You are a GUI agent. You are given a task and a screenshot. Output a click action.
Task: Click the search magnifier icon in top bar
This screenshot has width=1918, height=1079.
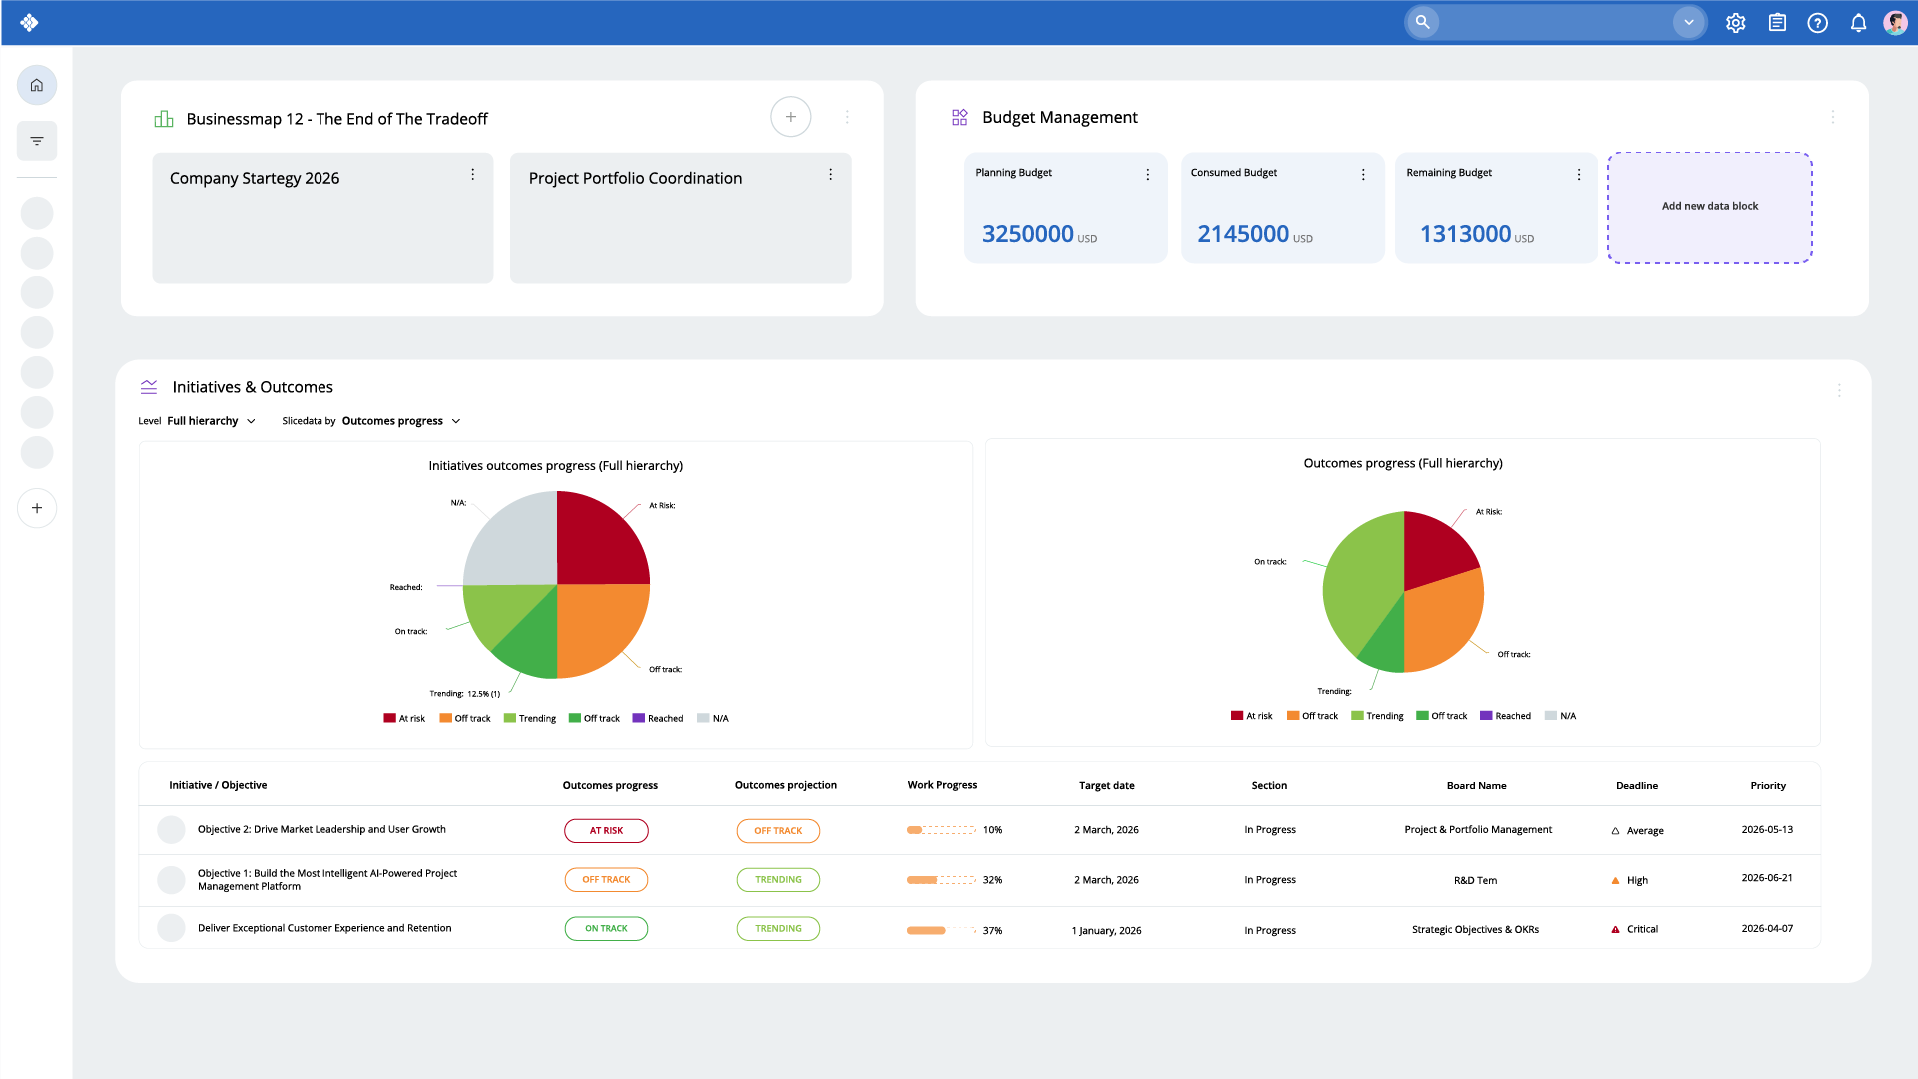(1422, 21)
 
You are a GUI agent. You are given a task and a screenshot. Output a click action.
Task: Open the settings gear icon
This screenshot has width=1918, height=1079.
(1735, 23)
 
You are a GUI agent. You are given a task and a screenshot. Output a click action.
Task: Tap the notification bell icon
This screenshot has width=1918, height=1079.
(1858, 23)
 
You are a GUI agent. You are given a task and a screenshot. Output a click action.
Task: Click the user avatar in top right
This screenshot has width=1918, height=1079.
(1895, 23)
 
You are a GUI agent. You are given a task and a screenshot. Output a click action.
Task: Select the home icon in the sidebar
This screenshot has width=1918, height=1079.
(37, 85)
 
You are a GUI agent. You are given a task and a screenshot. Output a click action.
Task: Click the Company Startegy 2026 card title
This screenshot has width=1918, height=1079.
(255, 178)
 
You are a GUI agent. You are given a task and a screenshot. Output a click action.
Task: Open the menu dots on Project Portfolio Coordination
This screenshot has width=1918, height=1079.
(830, 175)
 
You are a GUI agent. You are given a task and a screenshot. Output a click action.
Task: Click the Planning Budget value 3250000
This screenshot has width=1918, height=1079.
(1027, 234)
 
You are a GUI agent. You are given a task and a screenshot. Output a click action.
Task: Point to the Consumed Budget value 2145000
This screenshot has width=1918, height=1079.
(1243, 234)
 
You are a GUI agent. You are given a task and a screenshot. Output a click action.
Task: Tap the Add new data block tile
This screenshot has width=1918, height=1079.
(1709, 207)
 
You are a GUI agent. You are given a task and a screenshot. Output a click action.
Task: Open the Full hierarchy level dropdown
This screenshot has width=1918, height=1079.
(211, 421)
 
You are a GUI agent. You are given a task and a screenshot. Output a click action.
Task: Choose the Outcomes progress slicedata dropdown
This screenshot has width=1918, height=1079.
(400, 421)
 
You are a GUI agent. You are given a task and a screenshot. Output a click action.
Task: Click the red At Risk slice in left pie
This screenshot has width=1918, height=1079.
(601, 540)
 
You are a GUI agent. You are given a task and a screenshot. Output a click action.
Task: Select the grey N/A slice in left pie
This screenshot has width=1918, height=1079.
(512, 540)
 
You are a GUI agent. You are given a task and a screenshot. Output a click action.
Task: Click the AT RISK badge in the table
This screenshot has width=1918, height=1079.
(606, 831)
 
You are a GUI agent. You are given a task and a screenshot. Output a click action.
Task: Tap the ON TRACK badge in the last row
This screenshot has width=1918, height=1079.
(606, 929)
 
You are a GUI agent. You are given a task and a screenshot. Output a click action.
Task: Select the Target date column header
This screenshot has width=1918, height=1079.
(1106, 786)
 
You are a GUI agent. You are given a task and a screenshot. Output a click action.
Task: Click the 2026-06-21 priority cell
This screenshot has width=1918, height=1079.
(1766, 878)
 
